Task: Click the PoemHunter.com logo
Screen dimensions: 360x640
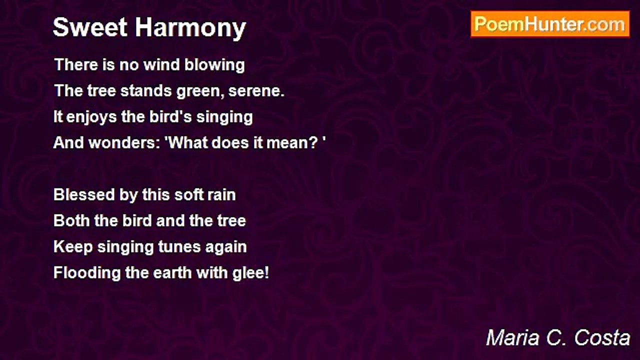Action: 550,24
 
